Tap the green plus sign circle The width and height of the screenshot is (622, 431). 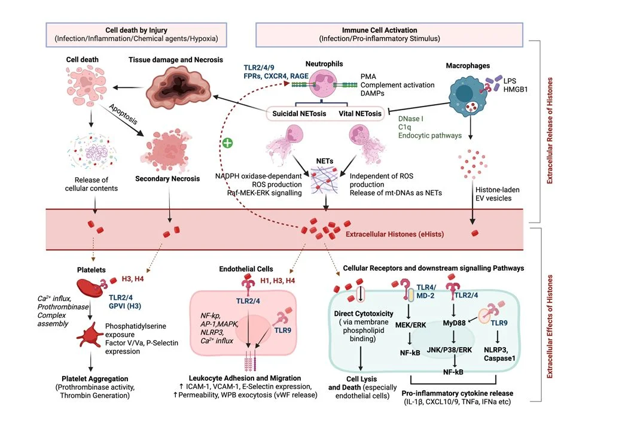click(227, 143)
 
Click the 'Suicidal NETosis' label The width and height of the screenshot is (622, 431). click(300, 113)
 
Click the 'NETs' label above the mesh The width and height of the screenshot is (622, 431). click(324, 161)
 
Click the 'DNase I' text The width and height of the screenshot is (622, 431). click(411, 119)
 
